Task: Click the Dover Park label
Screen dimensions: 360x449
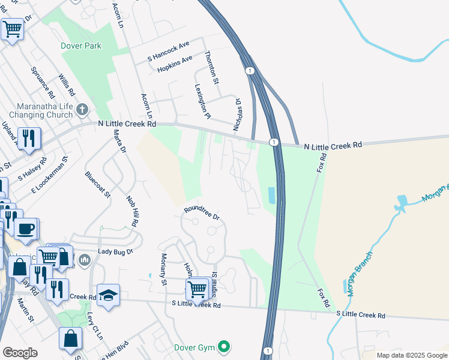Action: [x=81, y=46]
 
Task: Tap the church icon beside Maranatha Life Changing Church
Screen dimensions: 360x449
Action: [x=83, y=110]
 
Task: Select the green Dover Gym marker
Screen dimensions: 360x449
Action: [x=224, y=346]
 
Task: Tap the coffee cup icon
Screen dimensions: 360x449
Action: [x=25, y=229]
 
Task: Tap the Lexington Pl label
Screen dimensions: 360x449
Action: [x=203, y=100]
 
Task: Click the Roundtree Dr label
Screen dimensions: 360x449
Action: [x=202, y=212]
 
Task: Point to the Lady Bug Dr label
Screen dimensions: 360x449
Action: [x=115, y=253]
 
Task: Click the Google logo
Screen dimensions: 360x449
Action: [x=20, y=353]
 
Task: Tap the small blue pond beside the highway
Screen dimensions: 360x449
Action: [x=270, y=195]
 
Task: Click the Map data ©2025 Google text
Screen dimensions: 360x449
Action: [x=411, y=355]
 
